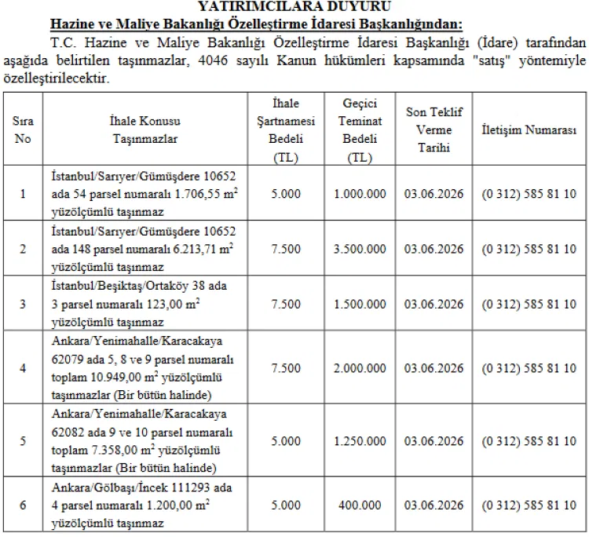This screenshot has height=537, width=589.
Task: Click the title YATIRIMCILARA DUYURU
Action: [294, 5]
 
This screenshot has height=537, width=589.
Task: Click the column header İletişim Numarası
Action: [529, 130]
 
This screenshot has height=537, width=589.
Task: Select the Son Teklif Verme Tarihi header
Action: [434, 130]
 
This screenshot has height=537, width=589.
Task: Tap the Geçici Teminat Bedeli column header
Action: [360, 130]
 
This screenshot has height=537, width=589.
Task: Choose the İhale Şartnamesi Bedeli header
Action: [286, 130]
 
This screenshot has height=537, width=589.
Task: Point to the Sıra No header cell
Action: [23, 130]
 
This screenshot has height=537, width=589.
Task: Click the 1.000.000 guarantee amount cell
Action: [360, 194]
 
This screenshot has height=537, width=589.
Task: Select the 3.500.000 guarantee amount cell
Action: [360, 249]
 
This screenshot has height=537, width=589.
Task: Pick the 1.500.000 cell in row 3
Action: [360, 304]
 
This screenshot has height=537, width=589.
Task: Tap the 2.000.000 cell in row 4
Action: [360, 368]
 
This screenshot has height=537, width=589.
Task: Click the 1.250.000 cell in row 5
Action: [360, 440]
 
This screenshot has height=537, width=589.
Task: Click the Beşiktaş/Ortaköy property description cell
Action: [139, 304]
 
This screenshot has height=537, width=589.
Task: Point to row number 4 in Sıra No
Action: [23, 368]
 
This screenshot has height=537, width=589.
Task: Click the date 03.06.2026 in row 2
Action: [434, 249]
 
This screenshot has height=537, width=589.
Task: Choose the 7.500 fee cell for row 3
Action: [286, 304]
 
